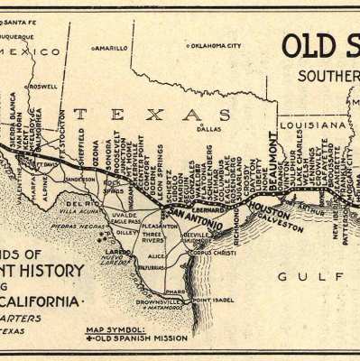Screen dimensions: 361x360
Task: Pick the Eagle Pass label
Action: [123, 221]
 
